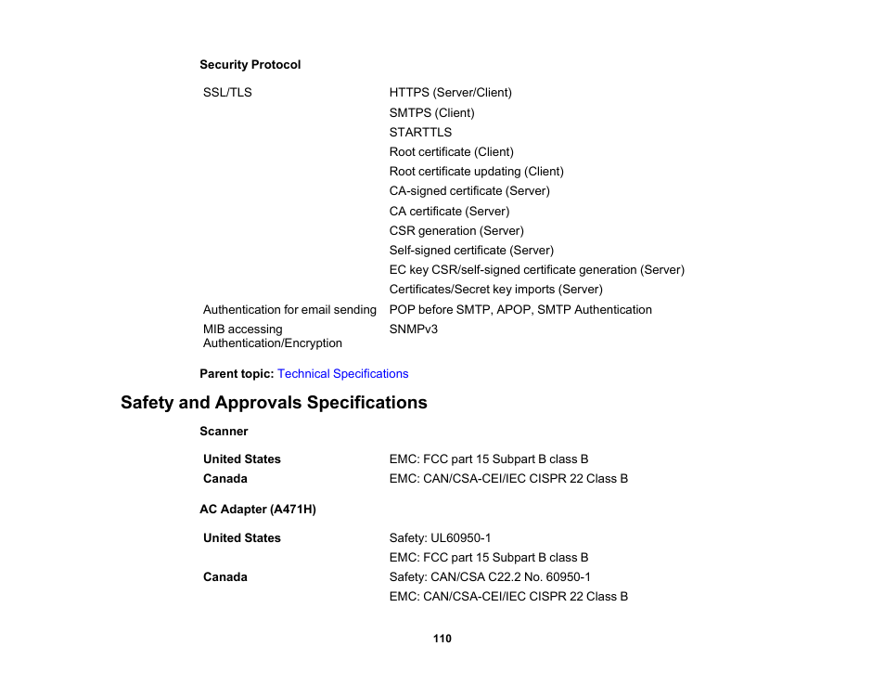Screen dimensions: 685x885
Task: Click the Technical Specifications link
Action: (x=342, y=373)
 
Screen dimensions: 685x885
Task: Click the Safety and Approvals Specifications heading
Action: (x=274, y=403)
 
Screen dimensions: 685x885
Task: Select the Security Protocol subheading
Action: (x=250, y=65)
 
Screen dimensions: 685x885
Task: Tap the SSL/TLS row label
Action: (x=227, y=93)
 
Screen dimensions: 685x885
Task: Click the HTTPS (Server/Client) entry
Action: (x=450, y=93)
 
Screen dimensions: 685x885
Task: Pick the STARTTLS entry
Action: (x=420, y=132)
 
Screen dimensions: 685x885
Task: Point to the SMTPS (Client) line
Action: (x=431, y=112)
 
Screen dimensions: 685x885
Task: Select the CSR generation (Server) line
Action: (x=455, y=230)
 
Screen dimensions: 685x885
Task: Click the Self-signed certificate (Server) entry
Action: (x=470, y=250)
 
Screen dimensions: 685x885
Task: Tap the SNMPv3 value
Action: (x=413, y=329)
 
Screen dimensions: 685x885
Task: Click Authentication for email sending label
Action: (x=289, y=309)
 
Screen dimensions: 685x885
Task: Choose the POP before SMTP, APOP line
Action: (x=519, y=309)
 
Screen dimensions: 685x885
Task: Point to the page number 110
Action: (x=442, y=639)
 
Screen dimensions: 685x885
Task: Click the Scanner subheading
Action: (x=224, y=431)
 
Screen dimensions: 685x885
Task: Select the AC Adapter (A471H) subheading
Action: (x=257, y=510)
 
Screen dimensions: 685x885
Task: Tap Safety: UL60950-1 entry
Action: (x=440, y=537)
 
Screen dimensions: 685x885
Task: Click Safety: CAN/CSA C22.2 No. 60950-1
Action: (x=489, y=576)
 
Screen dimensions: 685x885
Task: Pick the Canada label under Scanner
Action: (x=225, y=479)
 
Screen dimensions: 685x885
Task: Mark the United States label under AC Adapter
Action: (x=241, y=537)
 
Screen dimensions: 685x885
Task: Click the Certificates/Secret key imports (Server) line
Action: (x=495, y=289)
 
